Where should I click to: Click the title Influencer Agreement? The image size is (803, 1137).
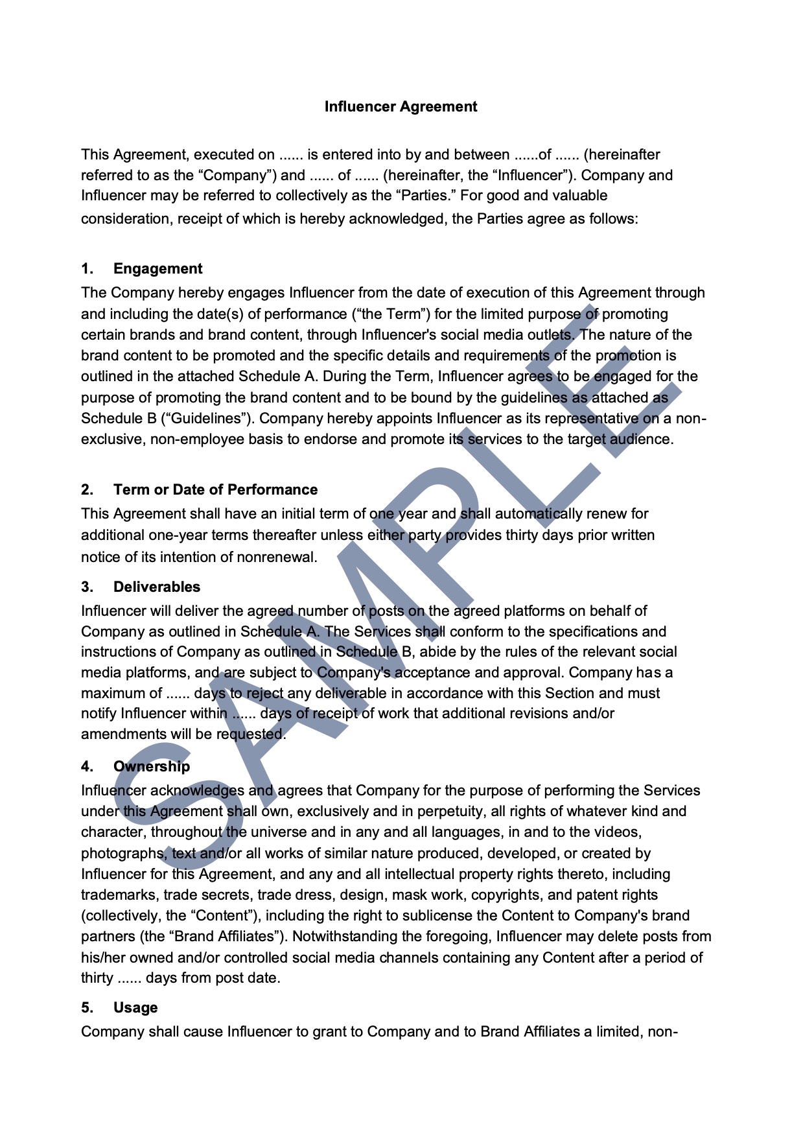[x=401, y=107]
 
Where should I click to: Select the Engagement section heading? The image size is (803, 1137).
[x=157, y=269]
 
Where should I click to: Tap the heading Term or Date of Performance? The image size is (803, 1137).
[x=215, y=490]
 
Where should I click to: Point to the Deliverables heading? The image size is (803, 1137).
[x=157, y=587]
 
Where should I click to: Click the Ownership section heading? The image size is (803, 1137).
[x=152, y=767]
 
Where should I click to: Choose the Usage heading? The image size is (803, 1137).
[x=135, y=1008]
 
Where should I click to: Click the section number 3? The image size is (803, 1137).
[x=87, y=587]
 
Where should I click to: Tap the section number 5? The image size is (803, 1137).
[x=87, y=1008]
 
